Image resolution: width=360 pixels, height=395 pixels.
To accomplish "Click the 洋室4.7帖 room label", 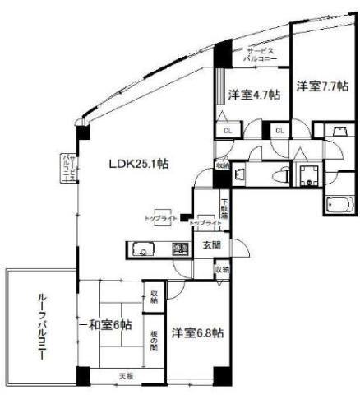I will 253,95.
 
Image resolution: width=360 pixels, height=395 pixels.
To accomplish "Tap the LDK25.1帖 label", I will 140,164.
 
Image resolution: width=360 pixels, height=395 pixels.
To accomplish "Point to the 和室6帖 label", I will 106,325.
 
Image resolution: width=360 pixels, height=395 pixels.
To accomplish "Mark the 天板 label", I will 125,376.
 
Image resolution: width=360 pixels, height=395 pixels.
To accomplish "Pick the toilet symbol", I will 279,174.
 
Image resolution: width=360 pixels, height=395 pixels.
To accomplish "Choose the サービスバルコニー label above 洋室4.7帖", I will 262,57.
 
